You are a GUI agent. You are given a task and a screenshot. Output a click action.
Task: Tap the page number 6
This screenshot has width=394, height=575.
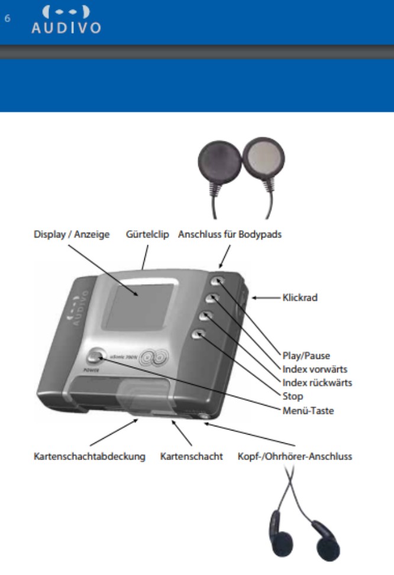(8, 18)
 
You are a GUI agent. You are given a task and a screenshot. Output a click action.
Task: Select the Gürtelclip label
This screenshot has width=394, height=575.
(147, 235)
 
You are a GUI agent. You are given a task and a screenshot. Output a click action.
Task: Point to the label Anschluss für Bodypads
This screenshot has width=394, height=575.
(230, 235)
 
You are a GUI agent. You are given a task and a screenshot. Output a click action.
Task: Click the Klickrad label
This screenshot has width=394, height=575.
(299, 297)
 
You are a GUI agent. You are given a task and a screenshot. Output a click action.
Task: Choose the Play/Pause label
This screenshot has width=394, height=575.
(305, 356)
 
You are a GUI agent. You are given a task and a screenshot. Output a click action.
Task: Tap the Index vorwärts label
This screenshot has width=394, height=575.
(314, 369)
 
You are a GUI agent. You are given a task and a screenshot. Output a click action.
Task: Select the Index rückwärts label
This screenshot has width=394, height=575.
(317, 383)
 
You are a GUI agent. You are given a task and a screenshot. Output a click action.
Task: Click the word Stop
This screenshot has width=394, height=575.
(292, 396)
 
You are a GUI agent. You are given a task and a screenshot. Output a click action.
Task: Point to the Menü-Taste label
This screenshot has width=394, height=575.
(308, 409)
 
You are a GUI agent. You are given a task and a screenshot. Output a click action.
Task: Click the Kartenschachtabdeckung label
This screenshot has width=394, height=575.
(89, 457)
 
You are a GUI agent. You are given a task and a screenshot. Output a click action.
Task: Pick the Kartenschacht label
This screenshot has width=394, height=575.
(192, 457)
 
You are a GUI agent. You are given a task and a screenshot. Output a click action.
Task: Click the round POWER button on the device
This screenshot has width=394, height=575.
(93, 358)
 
